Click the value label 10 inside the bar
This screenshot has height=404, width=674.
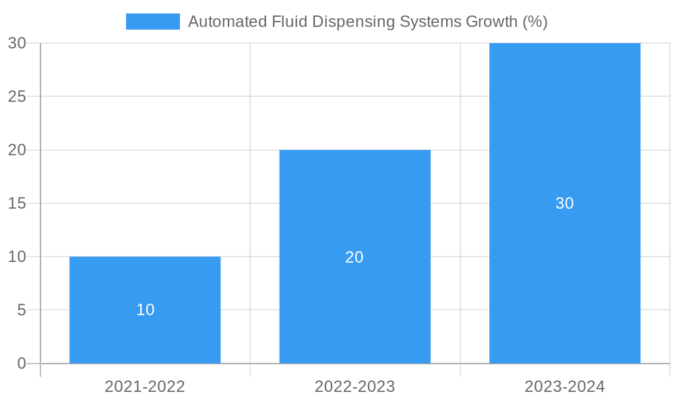pyautogui.click(x=145, y=310)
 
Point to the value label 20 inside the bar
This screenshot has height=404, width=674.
pyautogui.click(x=355, y=257)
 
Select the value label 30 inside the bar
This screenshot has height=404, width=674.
pyautogui.click(x=564, y=203)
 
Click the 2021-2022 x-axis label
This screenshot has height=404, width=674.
pyautogui.click(x=145, y=386)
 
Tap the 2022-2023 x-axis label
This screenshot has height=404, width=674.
pyautogui.click(x=355, y=386)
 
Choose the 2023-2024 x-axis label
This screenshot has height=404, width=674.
pyautogui.click(x=564, y=386)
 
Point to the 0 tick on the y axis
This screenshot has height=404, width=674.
pyautogui.click(x=21, y=364)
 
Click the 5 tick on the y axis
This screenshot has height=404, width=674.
pyautogui.click(x=21, y=310)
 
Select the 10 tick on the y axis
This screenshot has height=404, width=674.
pyautogui.click(x=17, y=257)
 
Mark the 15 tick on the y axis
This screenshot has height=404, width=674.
pyautogui.click(x=17, y=203)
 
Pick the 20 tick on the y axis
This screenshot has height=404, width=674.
pyautogui.click(x=17, y=150)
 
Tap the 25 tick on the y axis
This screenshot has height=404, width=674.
pyautogui.click(x=17, y=96)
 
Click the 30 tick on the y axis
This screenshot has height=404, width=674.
pyautogui.click(x=17, y=43)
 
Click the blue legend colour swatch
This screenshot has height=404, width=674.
pyautogui.click(x=153, y=22)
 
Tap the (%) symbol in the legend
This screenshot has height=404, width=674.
pyautogui.click(x=535, y=22)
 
